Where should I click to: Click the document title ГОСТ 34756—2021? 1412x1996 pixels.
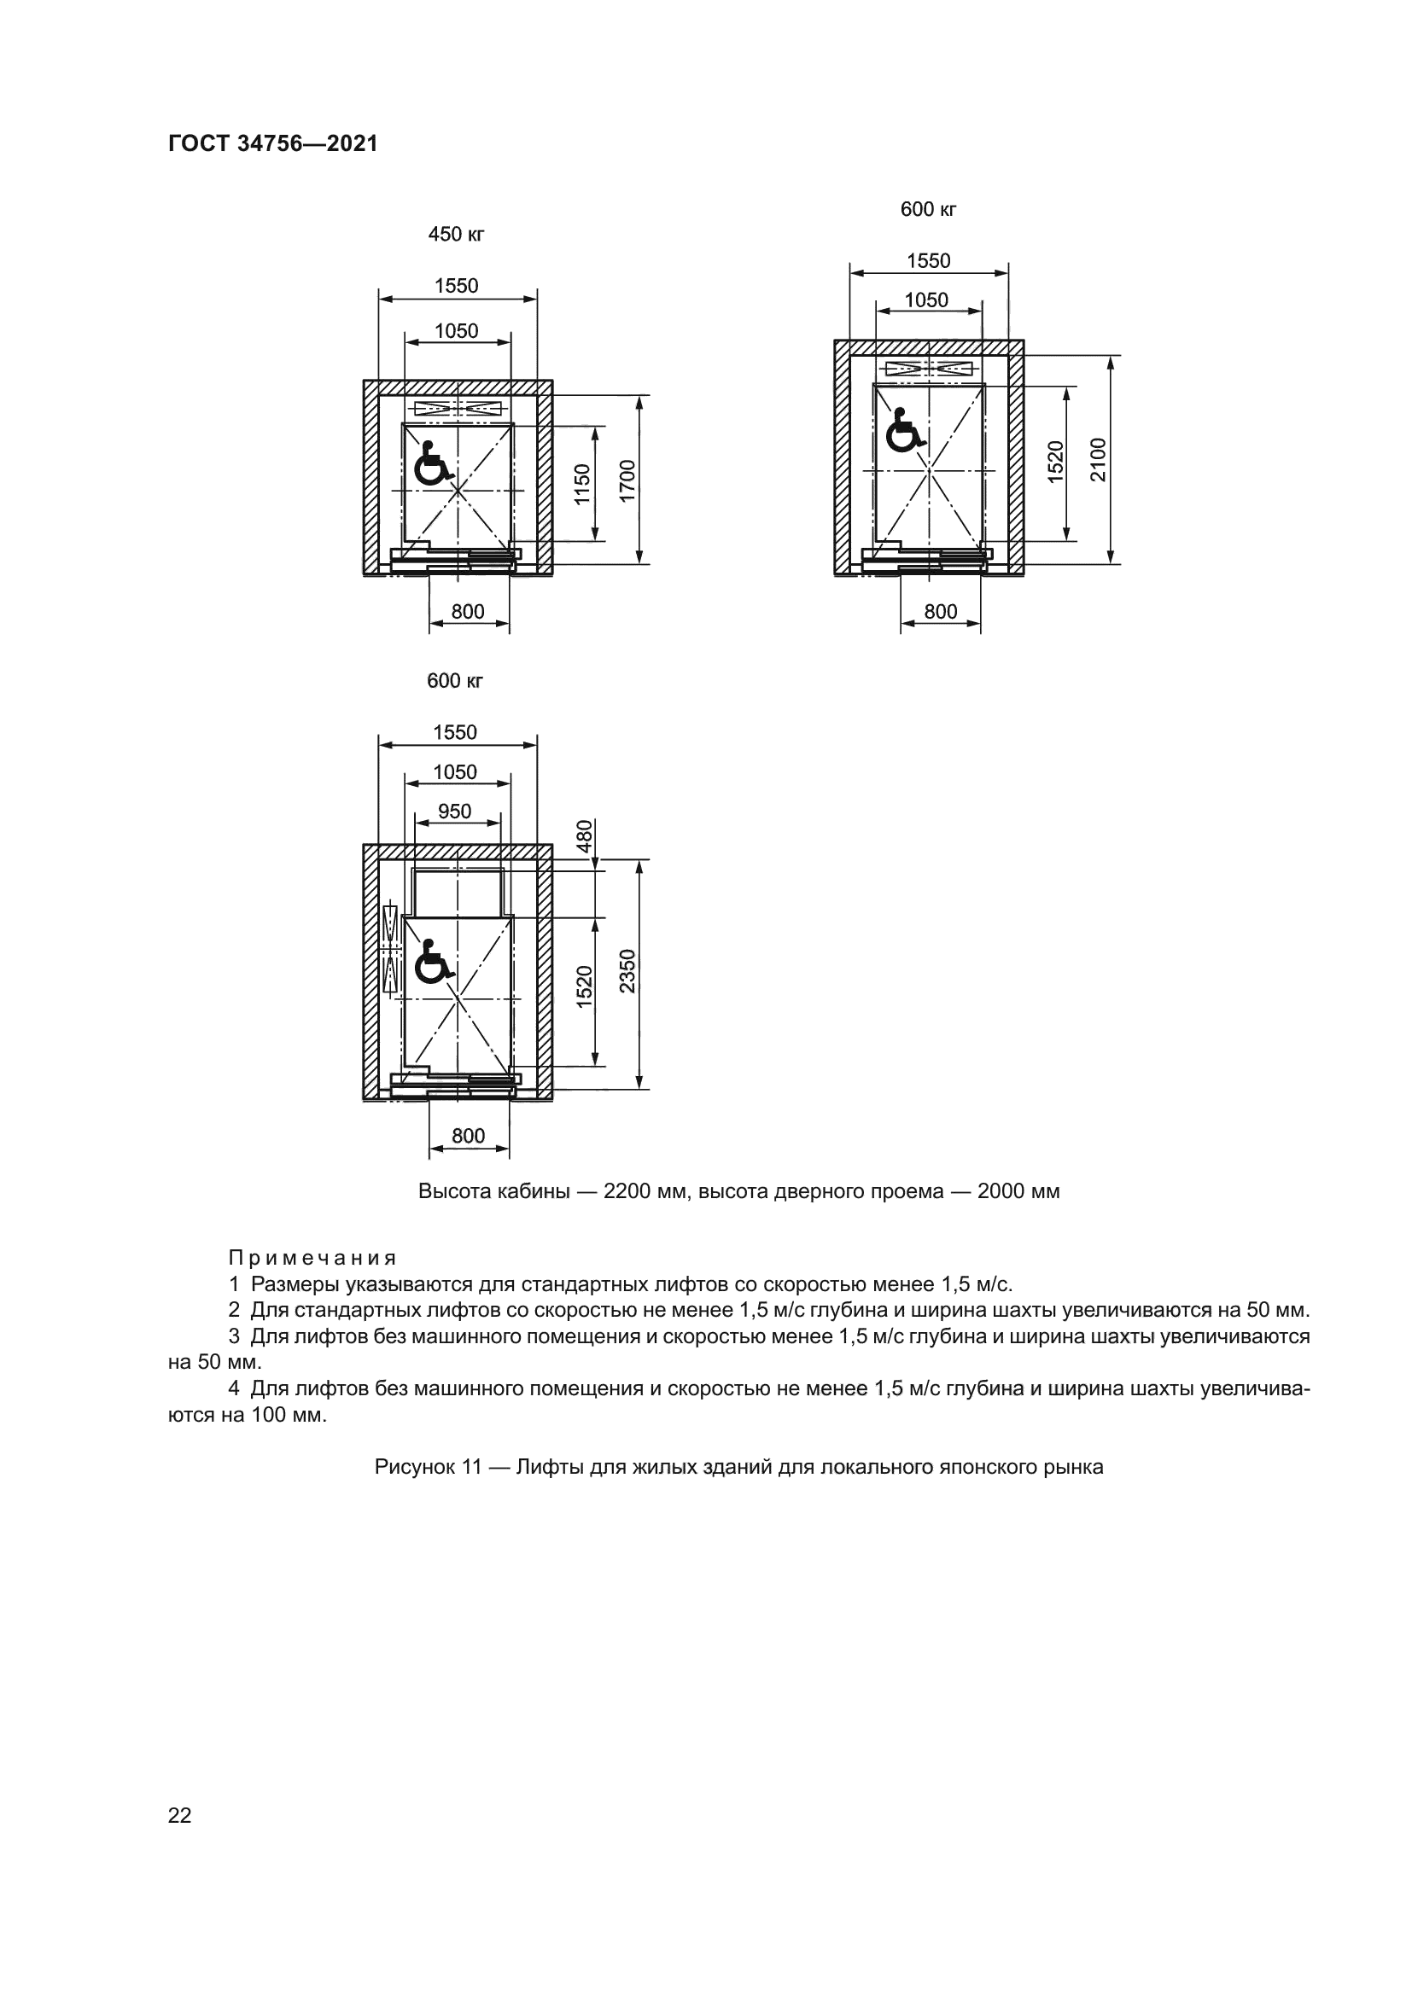(x=273, y=144)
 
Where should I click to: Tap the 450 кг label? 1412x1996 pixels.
(x=456, y=235)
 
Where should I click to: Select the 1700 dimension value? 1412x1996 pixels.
(x=627, y=480)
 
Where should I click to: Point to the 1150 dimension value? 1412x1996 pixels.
(x=582, y=483)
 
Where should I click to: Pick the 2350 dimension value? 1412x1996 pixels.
(x=627, y=971)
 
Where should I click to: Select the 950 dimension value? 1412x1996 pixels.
(x=455, y=811)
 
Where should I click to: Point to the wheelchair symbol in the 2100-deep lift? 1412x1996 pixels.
(x=904, y=431)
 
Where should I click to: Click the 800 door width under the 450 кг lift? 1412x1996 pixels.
(x=468, y=612)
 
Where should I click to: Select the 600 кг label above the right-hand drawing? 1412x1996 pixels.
(x=929, y=210)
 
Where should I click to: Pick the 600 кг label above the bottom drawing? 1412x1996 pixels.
(x=455, y=682)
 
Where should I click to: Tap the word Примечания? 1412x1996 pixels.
(x=312, y=1258)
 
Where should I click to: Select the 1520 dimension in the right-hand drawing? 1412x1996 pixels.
(x=1054, y=461)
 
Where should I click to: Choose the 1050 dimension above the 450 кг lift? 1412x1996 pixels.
(x=457, y=330)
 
